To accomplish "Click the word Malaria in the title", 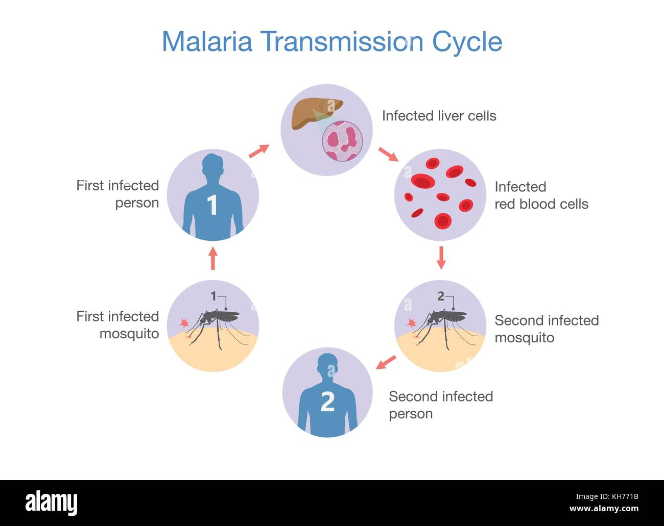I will click(x=207, y=41).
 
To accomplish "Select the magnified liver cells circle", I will click(x=342, y=140).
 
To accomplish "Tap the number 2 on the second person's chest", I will click(x=327, y=402).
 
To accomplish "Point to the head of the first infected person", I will click(x=213, y=166).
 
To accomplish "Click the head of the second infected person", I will click(x=328, y=365).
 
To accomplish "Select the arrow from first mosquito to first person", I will click(x=213, y=259).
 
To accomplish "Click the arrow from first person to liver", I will click(x=259, y=151).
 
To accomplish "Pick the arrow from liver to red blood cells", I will click(x=388, y=154).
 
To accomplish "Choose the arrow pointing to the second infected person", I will click(x=386, y=362).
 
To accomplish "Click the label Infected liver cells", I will click(x=439, y=116).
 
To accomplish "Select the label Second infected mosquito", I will click(x=546, y=329).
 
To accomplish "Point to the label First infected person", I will click(x=118, y=194).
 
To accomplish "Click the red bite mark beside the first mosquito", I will click(x=184, y=323).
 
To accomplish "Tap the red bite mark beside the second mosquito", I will click(x=411, y=323).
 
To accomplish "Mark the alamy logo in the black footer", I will click(x=52, y=503).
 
